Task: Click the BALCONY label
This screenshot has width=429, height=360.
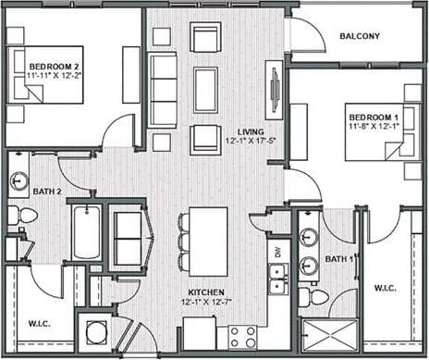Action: (x=359, y=37)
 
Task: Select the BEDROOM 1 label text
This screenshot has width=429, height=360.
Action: (x=373, y=117)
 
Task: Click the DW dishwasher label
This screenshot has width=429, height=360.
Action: (x=276, y=250)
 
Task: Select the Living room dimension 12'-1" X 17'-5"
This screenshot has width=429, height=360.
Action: (x=250, y=142)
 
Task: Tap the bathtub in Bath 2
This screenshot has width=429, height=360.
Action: (x=86, y=233)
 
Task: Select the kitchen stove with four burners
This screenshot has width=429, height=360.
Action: (x=243, y=336)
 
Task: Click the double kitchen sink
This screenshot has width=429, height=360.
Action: (x=276, y=276)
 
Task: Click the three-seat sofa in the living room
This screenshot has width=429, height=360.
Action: (x=163, y=90)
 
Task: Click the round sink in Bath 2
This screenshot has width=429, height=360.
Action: (x=19, y=180)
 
